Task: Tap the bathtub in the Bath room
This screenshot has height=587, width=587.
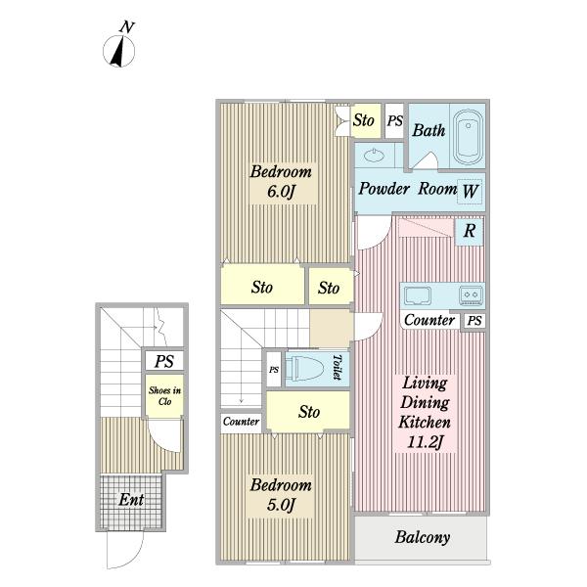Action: pos(469,137)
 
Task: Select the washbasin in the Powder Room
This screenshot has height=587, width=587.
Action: pos(375,155)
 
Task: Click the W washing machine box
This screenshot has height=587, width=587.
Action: pos(470,192)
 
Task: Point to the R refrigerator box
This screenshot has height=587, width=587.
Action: pos(470,231)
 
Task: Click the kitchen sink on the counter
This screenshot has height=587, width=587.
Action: pos(417,295)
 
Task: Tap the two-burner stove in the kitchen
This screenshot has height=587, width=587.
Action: pos(471,294)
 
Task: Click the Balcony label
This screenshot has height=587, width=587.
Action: pos(423,537)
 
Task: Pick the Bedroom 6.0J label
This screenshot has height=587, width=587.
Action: pos(281,182)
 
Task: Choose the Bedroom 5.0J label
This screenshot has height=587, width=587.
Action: pos(281,495)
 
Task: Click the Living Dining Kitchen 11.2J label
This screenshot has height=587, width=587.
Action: pos(425,412)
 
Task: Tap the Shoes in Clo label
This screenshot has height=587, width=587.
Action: pos(164,395)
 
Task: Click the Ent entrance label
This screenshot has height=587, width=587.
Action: pos(131,499)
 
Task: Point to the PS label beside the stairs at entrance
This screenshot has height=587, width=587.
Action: pos(164,361)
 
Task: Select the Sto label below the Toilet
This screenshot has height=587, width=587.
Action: pos(309,412)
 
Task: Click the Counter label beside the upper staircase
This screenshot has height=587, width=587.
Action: pos(241,422)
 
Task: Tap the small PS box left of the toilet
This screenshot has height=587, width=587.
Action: pos(274,370)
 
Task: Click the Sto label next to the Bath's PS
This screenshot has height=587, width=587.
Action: pos(364,120)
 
